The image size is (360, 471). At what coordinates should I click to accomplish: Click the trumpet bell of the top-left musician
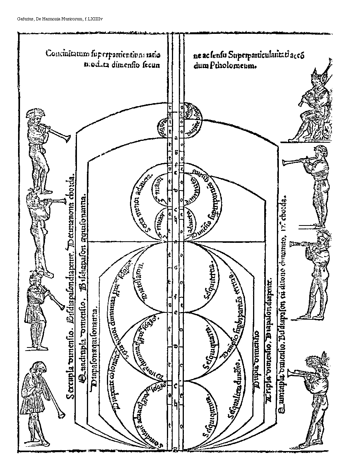[66, 137]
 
